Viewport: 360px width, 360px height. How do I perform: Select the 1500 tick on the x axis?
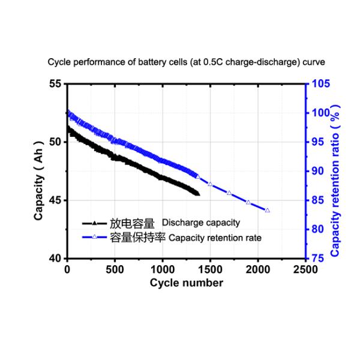[210, 269]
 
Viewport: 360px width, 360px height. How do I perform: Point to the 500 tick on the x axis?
[115, 269]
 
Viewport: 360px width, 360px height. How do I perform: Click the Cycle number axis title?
[187, 282]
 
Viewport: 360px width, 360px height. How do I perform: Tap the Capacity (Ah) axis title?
[39, 171]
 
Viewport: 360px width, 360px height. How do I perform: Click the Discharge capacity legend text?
[201, 223]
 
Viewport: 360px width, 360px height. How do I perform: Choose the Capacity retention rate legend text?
[215, 238]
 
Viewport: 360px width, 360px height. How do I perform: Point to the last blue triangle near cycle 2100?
[267, 210]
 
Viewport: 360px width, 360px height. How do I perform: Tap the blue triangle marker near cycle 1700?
[229, 193]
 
